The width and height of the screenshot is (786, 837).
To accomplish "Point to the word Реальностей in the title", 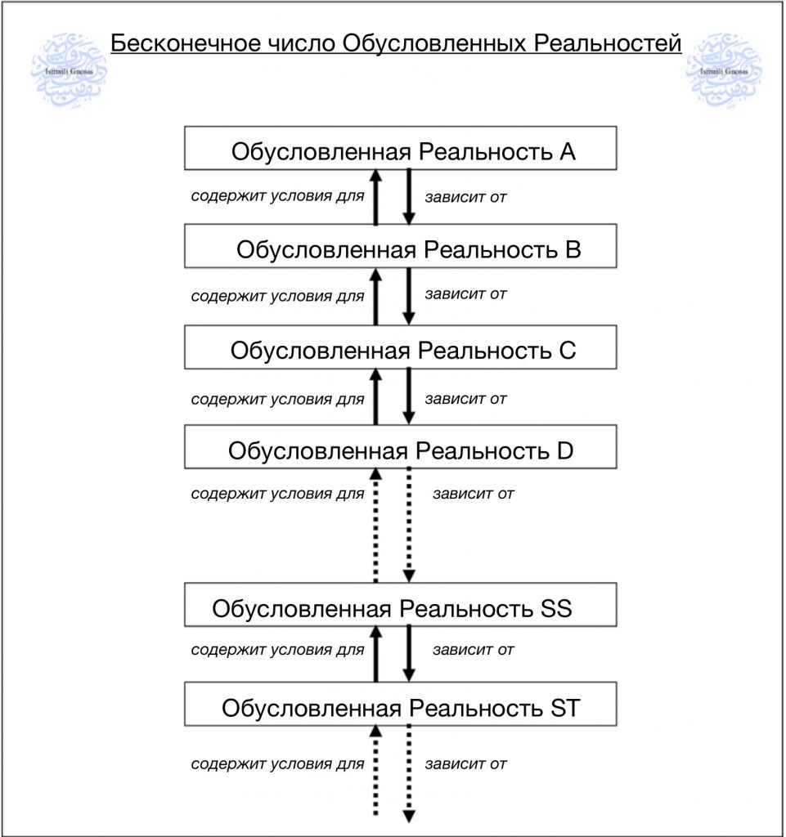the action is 608,43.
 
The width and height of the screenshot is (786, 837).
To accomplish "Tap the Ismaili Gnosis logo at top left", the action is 69,70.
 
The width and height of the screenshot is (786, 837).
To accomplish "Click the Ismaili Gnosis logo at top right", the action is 724,70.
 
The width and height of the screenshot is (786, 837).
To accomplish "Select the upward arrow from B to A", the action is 376,197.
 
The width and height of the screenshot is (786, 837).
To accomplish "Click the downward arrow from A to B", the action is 409,197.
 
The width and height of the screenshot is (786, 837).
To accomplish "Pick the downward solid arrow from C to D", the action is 409,396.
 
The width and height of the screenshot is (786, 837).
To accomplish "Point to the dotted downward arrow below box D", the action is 409,525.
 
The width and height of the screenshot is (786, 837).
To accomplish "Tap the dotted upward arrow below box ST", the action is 376,770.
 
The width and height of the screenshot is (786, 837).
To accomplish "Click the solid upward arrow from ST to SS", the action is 376,654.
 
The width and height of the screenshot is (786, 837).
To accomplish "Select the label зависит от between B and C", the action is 465,294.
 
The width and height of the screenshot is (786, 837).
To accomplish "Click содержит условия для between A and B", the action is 277,196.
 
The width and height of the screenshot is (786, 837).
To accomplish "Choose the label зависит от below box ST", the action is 465,764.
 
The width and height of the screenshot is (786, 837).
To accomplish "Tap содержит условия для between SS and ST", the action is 277,650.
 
